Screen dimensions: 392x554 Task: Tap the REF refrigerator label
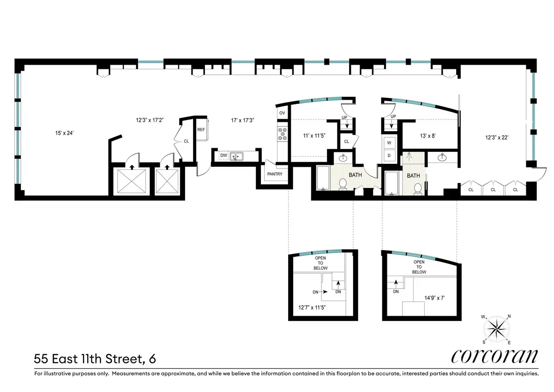click(x=201, y=130)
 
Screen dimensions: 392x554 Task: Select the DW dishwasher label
click(x=223, y=156)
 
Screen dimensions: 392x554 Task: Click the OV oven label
click(x=282, y=113)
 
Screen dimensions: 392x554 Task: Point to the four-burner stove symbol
click(x=282, y=134)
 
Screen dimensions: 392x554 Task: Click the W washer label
click(x=389, y=143)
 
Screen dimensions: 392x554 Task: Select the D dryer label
click(x=389, y=156)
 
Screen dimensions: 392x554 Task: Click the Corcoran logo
click(x=494, y=356)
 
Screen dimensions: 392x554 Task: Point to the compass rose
click(x=496, y=329)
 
